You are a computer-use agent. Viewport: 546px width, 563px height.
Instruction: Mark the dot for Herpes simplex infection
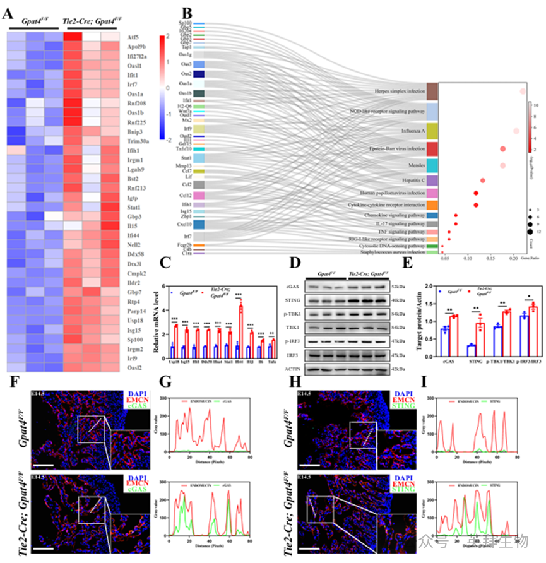(x=523, y=92)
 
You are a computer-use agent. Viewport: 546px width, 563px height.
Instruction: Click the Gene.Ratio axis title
(x=528, y=258)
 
